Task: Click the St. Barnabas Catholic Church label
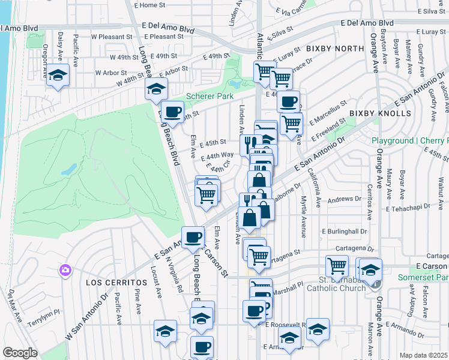(x=342, y=283)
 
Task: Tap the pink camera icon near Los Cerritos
(x=64, y=271)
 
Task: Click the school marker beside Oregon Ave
(x=58, y=75)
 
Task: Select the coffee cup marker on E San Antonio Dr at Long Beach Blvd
(x=193, y=237)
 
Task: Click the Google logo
(x=20, y=353)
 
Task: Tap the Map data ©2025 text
(x=423, y=355)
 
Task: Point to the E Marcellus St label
(x=329, y=112)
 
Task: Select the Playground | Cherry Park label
(x=409, y=140)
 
